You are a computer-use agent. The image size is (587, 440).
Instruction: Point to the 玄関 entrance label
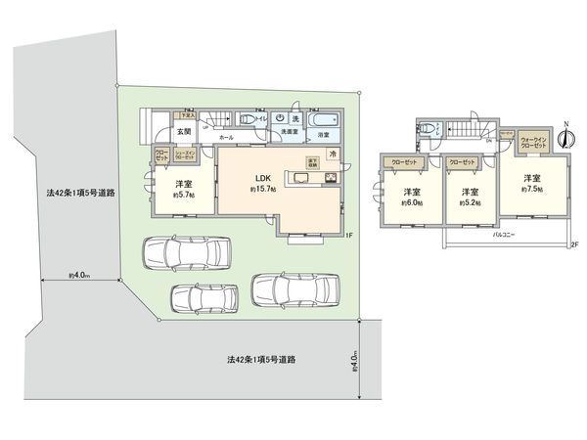[x=183, y=134]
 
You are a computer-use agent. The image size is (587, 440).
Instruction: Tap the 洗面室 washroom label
[x=290, y=131]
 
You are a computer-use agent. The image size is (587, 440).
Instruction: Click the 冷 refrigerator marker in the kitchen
[x=333, y=154]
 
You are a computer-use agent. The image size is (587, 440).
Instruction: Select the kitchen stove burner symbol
[x=330, y=177]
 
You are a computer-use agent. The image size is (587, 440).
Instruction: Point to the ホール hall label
[x=226, y=139]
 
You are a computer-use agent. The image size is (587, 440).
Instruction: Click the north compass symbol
[x=564, y=139]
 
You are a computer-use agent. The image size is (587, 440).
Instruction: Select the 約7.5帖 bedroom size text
[x=532, y=190]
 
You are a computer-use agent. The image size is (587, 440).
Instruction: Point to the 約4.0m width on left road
[x=79, y=277]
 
